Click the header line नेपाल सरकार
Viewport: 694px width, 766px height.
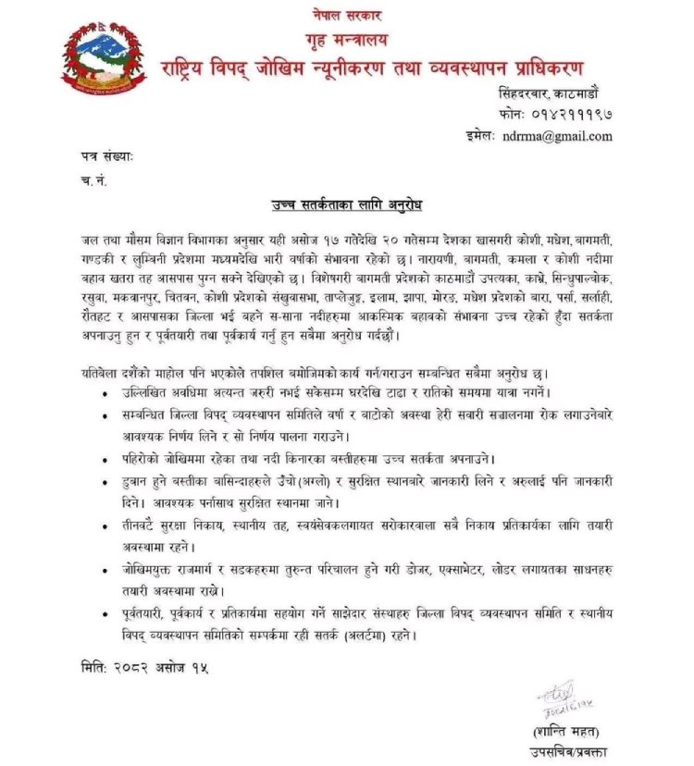346,16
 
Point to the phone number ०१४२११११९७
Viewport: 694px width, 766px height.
569,114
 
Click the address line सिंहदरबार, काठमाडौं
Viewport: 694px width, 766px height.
551,93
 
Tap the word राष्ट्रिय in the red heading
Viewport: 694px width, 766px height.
199,68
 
